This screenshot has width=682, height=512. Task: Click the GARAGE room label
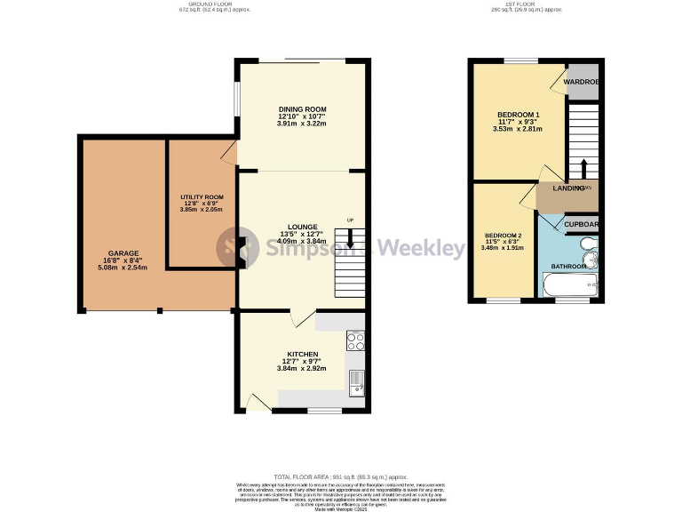click(123, 252)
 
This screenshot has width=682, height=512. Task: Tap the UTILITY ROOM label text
click(202, 196)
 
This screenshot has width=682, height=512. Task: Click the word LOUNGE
click(302, 227)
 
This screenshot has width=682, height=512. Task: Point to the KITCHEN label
click(302, 354)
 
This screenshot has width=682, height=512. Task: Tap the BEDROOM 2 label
click(503, 235)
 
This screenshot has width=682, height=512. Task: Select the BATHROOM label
click(568, 266)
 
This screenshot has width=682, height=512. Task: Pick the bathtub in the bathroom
click(569, 286)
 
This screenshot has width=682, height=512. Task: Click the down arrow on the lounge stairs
click(350, 237)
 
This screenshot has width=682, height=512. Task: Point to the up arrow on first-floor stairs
click(583, 168)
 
